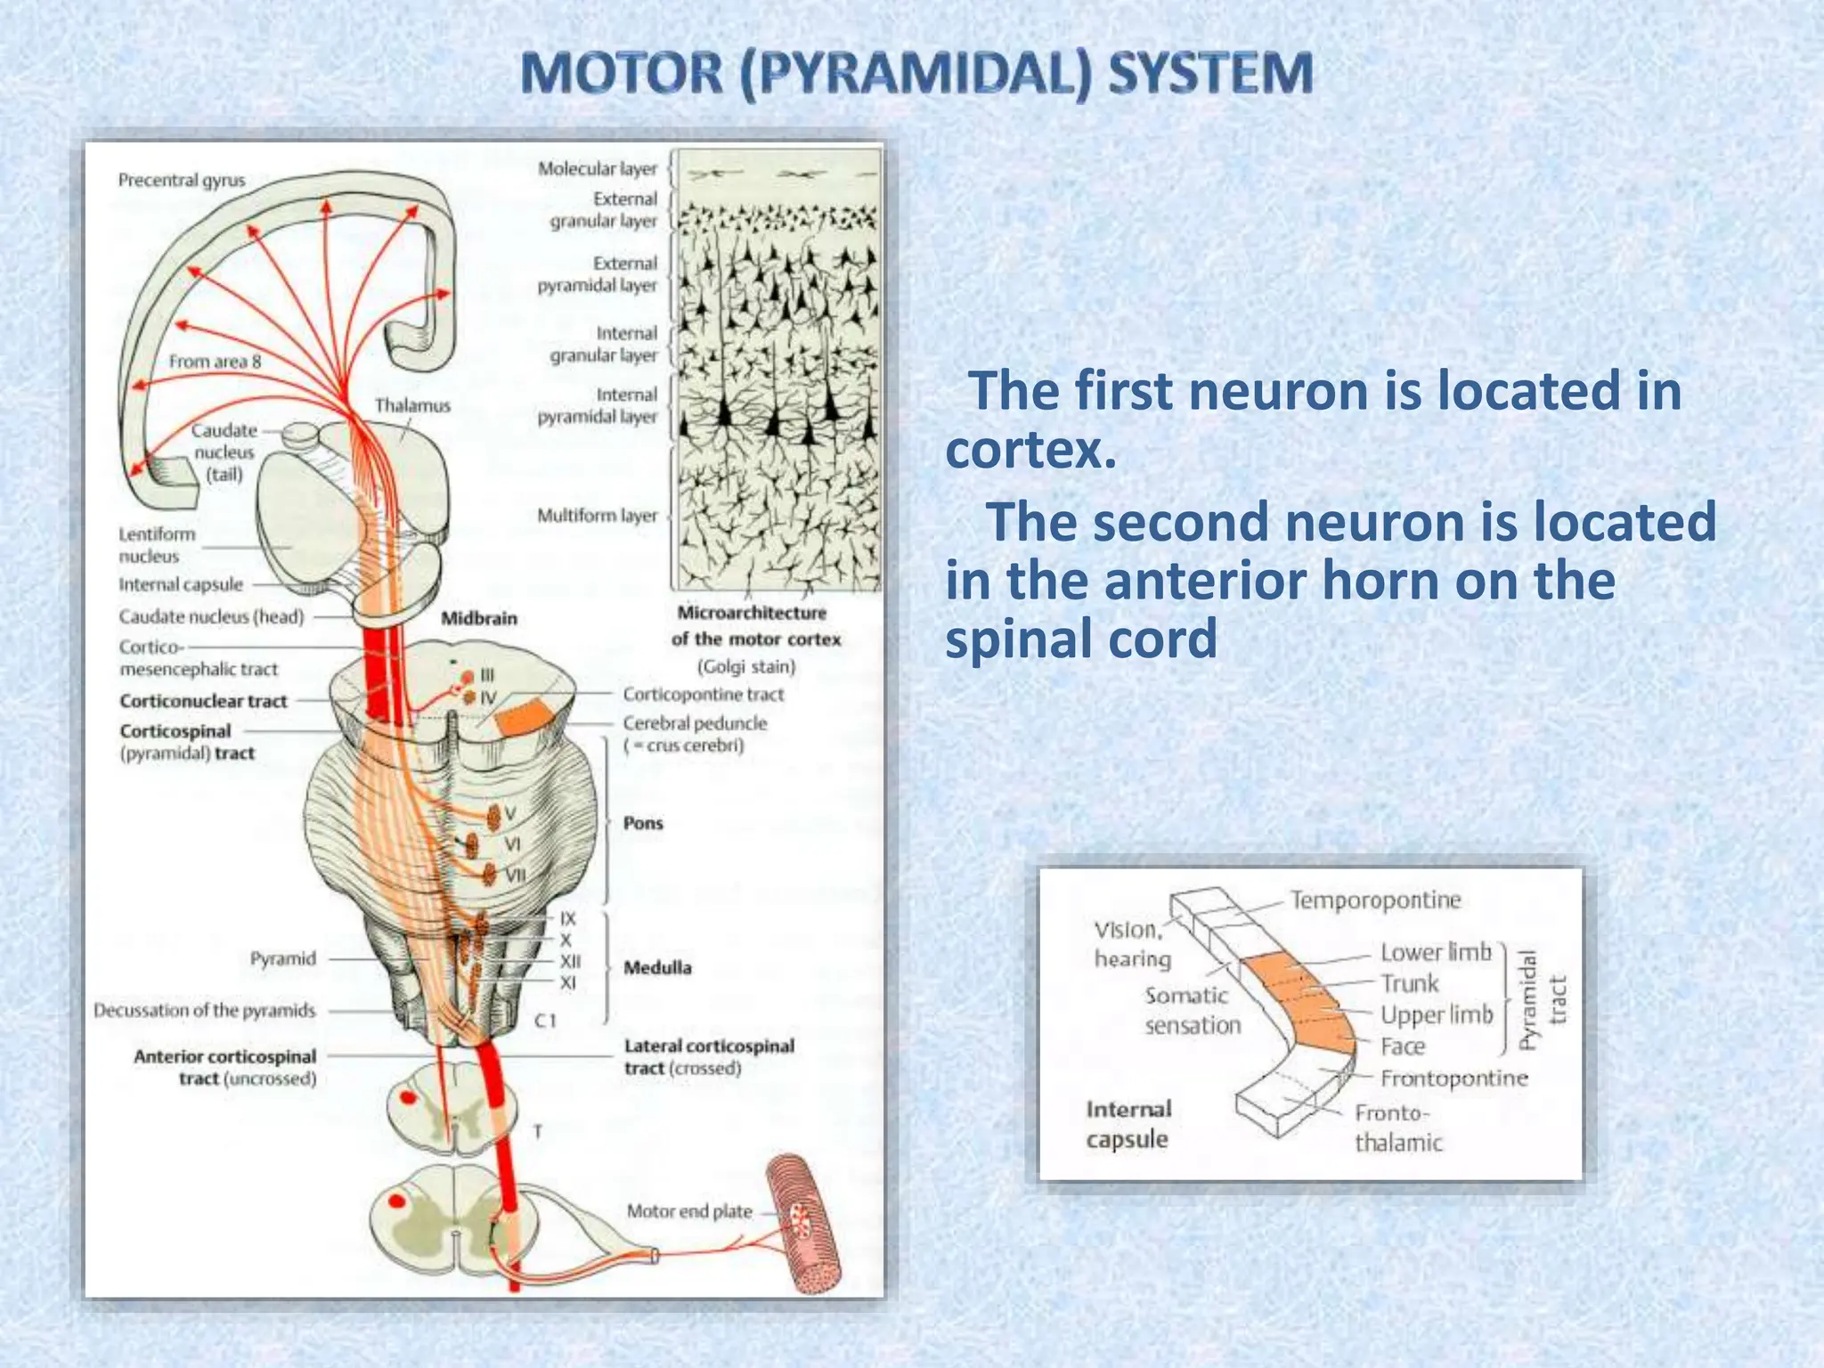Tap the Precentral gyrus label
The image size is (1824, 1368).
point(182,181)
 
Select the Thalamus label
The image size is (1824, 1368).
point(412,406)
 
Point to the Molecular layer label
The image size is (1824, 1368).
point(597,168)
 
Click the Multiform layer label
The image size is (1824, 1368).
point(597,516)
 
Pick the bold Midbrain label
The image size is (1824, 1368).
point(479,618)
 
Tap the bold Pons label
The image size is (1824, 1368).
point(643,823)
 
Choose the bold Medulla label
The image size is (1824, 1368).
point(657,967)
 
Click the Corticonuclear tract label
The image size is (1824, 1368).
point(203,701)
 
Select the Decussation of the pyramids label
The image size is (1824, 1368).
point(204,1011)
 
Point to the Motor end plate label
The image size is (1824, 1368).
point(689,1211)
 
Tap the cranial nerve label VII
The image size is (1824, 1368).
point(516,875)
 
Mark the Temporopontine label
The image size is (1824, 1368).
point(1376,900)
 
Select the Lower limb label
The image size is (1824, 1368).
point(1436,952)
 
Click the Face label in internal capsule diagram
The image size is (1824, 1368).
point(1403,1046)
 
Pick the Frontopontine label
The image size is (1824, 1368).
point(1453,1079)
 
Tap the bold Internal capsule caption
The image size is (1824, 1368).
point(1128,1124)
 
